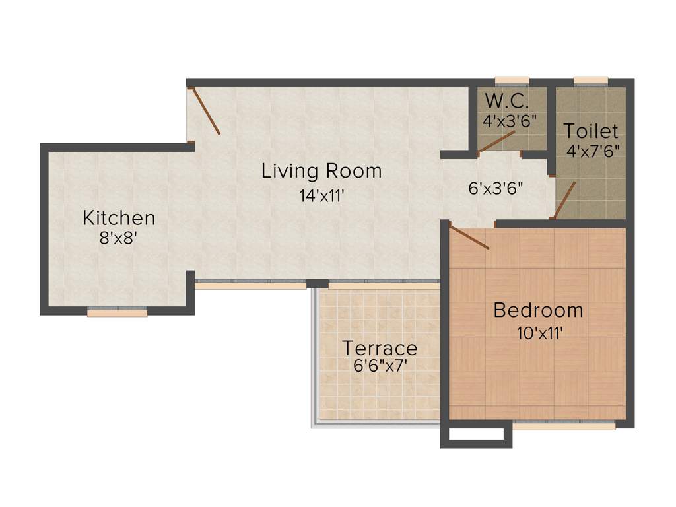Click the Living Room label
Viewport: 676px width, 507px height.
coord(321,171)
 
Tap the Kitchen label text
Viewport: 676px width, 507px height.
coord(119,217)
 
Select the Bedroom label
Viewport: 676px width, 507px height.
coord(539,310)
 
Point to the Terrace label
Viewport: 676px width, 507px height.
coord(380,348)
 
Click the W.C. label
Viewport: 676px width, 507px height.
coord(506,102)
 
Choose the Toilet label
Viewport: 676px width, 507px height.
coord(591,131)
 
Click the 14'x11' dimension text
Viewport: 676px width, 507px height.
coord(321,195)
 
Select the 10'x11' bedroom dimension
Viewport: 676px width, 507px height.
coord(539,333)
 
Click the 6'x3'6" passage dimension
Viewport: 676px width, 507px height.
coord(496,188)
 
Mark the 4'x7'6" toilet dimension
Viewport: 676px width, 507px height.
coord(592,151)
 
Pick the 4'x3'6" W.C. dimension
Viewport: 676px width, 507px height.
coord(510,121)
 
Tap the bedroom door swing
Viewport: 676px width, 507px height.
coord(469,238)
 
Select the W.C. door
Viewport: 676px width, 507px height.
coord(496,141)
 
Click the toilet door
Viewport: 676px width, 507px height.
coord(565,199)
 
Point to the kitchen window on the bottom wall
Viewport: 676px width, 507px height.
coord(118,313)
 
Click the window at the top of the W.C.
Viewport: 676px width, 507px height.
coord(512,81)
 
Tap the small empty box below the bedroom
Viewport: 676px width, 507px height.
coord(476,436)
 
